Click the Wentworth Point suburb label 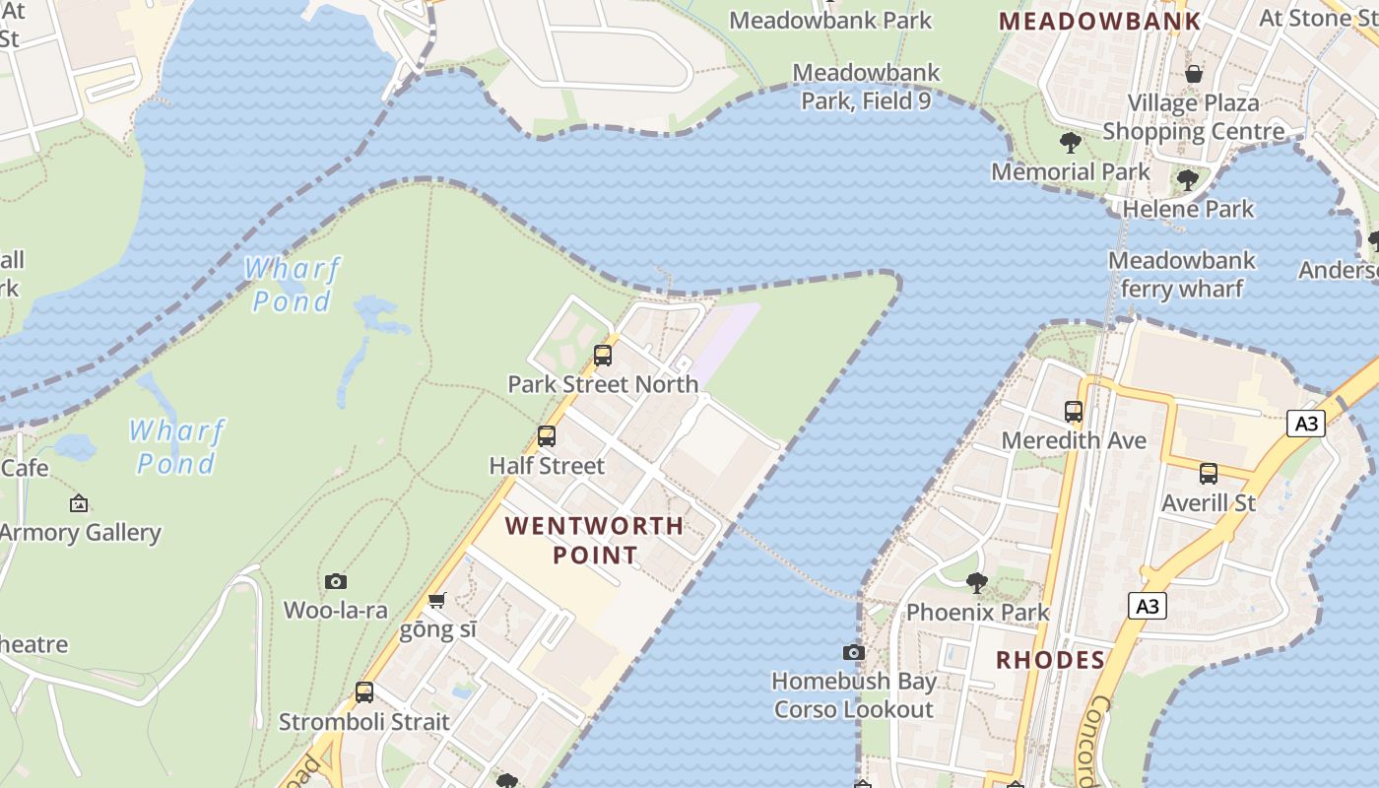pos(594,540)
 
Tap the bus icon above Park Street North pos(603,356)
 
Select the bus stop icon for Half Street pos(547,436)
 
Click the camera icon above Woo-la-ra pos(336,582)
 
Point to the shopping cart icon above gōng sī pos(437,600)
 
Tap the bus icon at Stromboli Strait pos(364,692)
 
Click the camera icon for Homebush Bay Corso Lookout pos(854,652)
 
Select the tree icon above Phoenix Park pos(976,583)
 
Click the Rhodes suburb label pos(1050,660)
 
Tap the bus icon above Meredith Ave pos(1074,412)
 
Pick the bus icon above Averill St pos(1209,474)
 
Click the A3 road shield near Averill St pos(1305,425)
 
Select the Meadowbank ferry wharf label pos(1182,275)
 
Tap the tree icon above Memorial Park pos(1071,143)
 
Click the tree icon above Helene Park pos(1188,180)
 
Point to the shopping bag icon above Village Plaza pos(1194,74)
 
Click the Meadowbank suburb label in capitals pos(1100,21)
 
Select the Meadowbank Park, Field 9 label pos(866,87)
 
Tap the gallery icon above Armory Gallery pos(79,504)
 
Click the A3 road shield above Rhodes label pos(1148,606)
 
